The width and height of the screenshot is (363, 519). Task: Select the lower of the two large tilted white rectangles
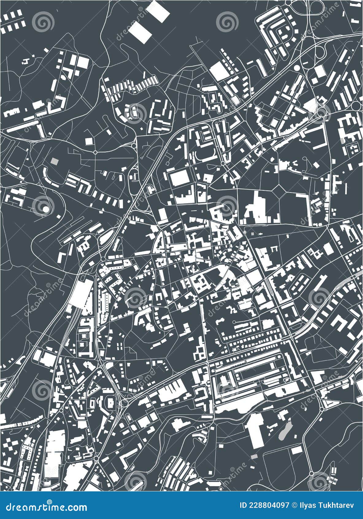click(x=140, y=32)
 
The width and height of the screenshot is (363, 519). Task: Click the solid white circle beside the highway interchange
click(x=297, y=68)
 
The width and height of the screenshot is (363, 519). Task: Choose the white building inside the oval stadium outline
click(x=110, y=402)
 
